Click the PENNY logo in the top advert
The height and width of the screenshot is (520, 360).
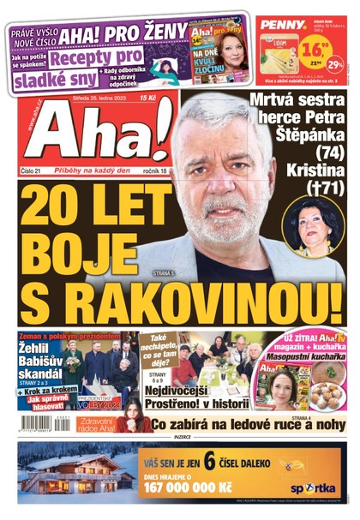click(x=283, y=24)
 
